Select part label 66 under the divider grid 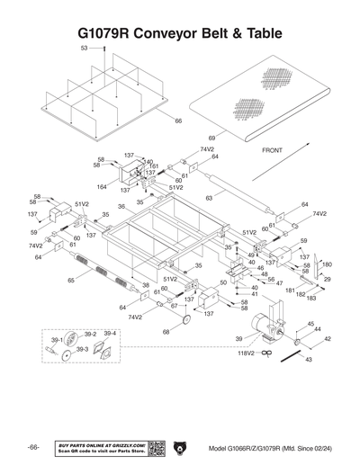[178, 121]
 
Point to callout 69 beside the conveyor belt [211, 138]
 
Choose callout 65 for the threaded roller [71, 281]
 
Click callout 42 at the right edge [327, 339]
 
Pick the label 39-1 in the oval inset [57, 341]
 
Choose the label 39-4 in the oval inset [110, 334]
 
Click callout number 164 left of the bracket [101, 187]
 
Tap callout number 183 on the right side [310, 297]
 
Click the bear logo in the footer [180, 448]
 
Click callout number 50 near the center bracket [223, 282]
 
